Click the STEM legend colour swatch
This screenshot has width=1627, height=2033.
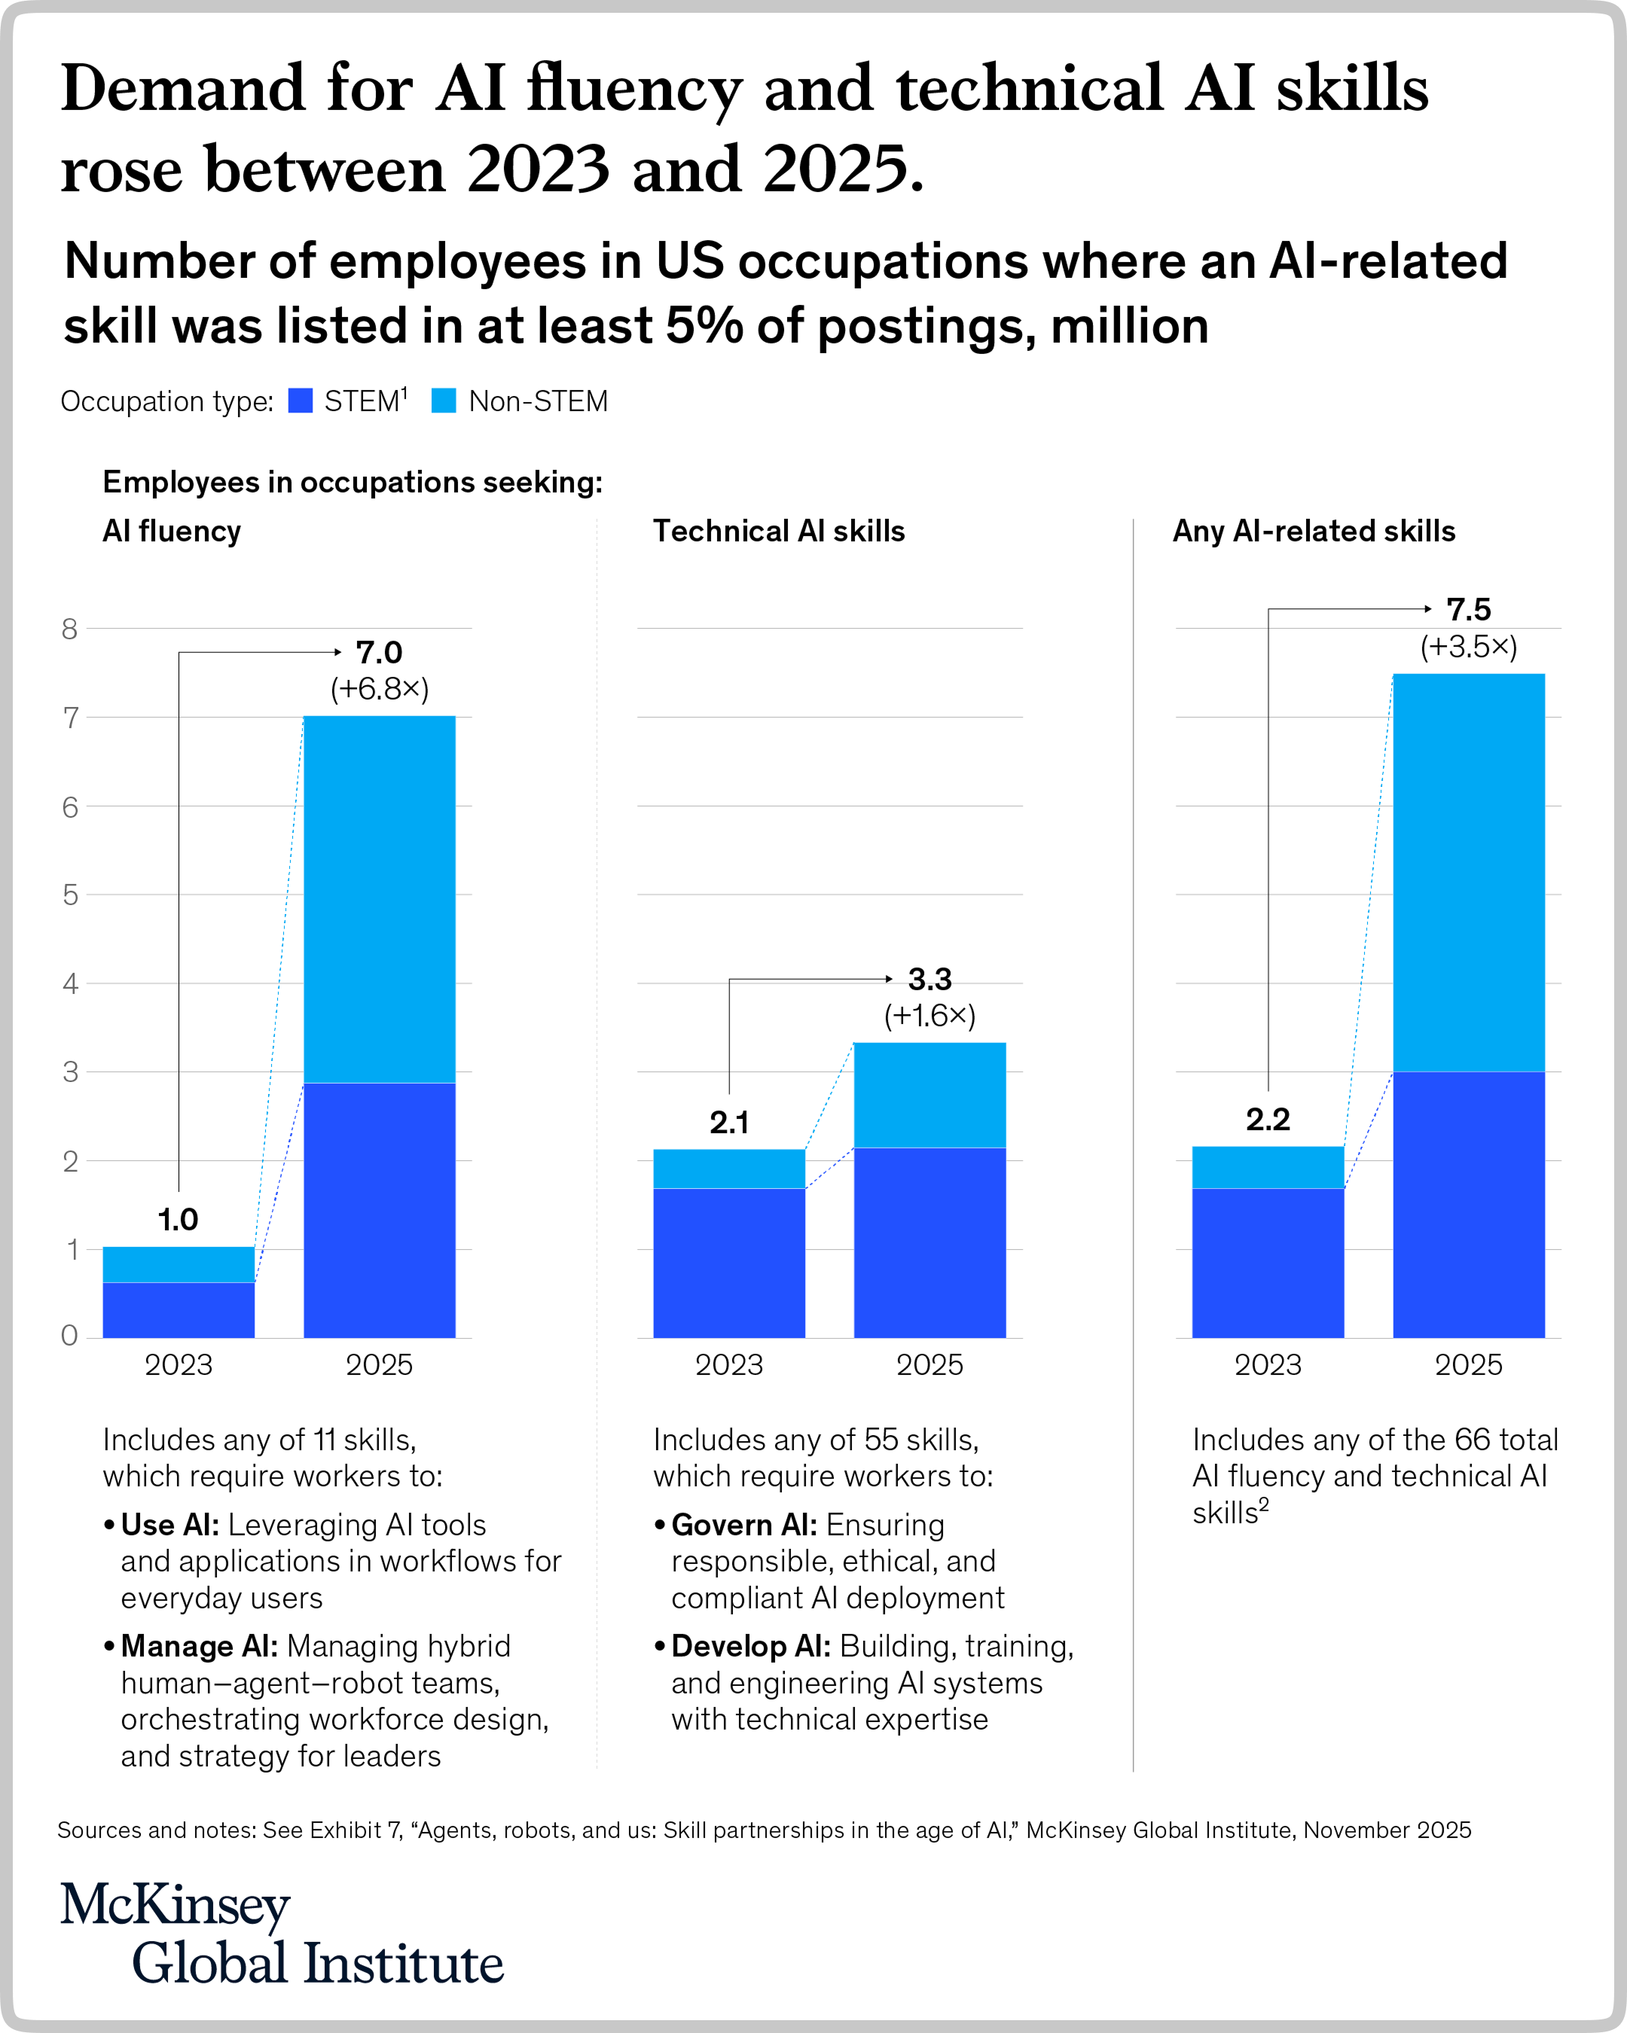pos(300,401)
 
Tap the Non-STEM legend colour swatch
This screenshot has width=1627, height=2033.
pos(444,401)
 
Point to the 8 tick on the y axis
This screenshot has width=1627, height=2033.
pos(70,629)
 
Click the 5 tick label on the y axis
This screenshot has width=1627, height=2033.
pos(70,895)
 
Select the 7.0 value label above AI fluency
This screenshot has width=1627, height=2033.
pos(379,653)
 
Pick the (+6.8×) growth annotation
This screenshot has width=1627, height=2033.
pos(379,689)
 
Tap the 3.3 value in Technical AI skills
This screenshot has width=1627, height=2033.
pos(930,980)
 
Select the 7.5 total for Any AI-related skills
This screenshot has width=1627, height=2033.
pos(1469,610)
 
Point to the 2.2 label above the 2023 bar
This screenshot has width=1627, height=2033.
pos(1268,1120)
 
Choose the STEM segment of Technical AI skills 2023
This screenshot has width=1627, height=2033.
pos(729,1263)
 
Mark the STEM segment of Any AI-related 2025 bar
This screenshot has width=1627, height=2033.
pos(1469,1204)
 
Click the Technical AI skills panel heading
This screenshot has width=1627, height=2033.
pos(778,531)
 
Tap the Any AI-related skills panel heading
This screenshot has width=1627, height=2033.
pos(1314,531)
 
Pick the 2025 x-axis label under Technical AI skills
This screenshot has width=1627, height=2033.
pos(930,1364)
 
